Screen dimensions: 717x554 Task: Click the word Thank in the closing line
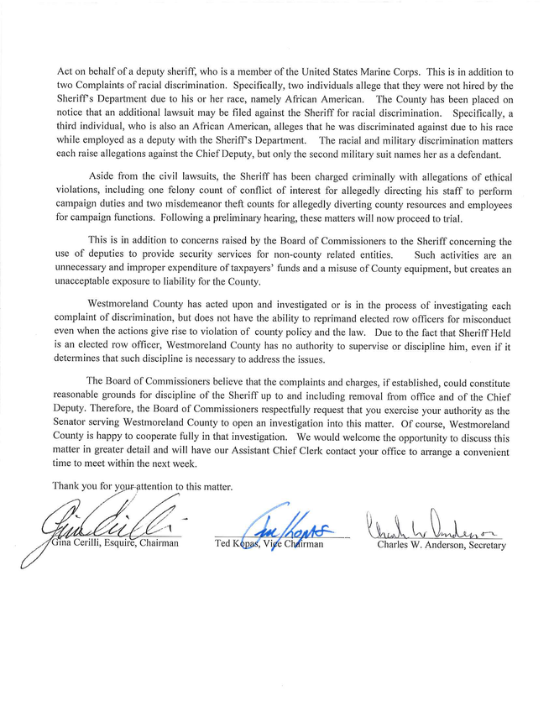68,485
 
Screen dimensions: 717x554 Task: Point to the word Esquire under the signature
113,544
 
